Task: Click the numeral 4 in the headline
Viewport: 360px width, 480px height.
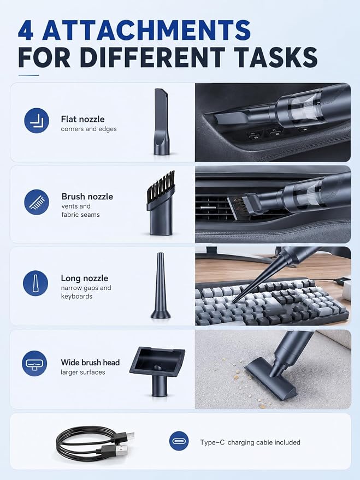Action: tap(26, 30)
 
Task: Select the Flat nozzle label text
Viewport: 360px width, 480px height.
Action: tap(82, 119)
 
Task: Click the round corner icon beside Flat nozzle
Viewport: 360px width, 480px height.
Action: tap(37, 121)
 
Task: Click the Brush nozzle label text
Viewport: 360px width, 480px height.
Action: tap(87, 197)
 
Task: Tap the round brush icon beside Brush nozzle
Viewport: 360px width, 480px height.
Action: tap(37, 202)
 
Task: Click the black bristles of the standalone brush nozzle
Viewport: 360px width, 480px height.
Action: tap(161, 185)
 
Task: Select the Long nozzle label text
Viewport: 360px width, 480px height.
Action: tap(85, 278)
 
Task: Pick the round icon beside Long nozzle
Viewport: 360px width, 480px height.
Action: tap(36, 283)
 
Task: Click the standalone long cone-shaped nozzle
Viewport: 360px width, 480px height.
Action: tap(161, 286)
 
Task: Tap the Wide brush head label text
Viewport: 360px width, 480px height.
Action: tap(90, 363)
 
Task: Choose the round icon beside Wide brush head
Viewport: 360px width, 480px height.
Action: tap(34, 363)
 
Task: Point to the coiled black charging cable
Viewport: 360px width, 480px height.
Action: tap(95, 442)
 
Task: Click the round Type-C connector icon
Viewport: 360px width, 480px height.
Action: tap(179, 441)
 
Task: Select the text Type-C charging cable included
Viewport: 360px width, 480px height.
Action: tap(250, 442)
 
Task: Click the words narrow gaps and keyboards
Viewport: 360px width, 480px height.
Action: tap(86, 292)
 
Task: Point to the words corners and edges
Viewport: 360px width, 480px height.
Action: tap(89, 129)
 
